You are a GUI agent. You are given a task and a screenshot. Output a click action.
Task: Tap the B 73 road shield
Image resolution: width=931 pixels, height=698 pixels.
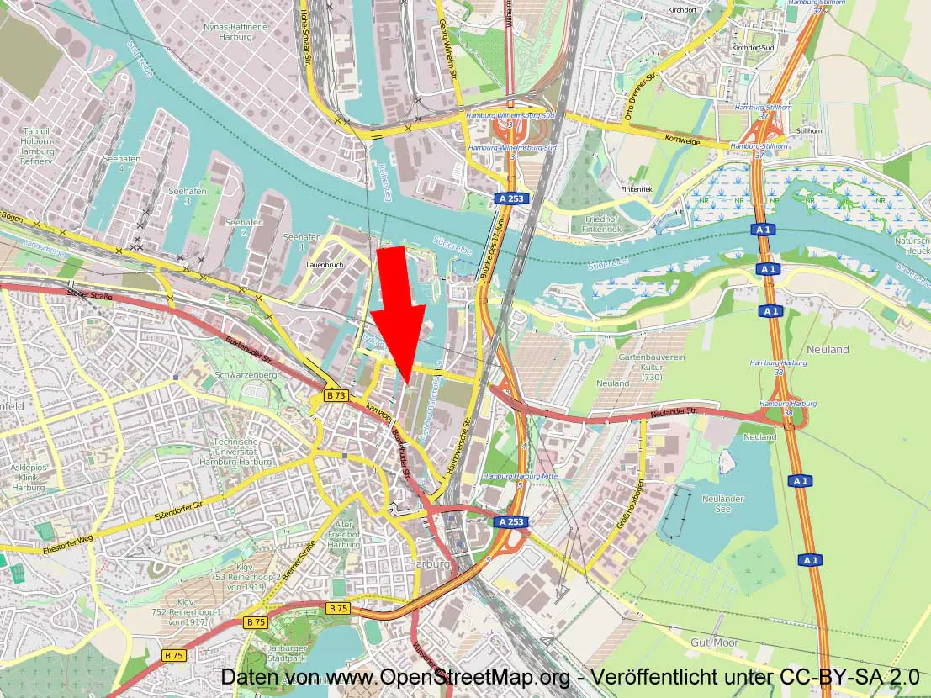tap(336, 395)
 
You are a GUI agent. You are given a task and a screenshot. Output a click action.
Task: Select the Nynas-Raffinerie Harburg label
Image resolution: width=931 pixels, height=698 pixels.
tap(235, 32)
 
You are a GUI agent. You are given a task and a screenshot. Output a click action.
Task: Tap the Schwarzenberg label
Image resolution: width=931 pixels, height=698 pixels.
tap(245, 374)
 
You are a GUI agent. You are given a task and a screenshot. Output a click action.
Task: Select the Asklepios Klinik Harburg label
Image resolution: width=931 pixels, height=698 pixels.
tap(28, 477)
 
